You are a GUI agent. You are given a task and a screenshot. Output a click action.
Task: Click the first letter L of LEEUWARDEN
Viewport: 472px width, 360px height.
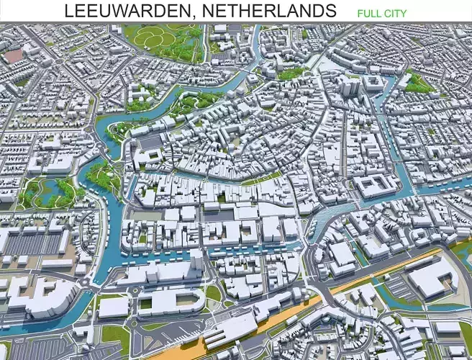(68, 11)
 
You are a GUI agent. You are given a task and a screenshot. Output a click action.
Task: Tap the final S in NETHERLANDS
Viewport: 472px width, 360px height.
(331, 11)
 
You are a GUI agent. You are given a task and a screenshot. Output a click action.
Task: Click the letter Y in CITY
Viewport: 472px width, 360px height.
(404, 13)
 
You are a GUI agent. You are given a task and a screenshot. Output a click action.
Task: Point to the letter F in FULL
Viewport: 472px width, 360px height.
(360, 13)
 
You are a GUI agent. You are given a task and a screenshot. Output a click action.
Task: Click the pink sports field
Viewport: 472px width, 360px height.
(12, 56)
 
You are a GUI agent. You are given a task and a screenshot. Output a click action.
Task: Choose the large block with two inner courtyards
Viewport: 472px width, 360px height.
(373, 186)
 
